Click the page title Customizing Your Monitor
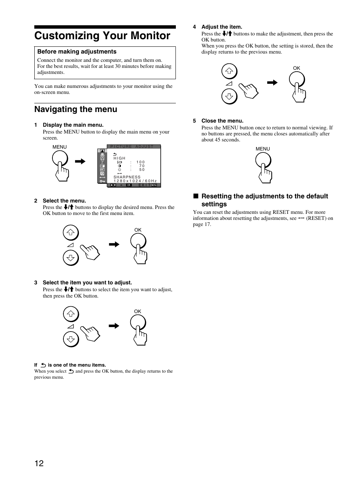[x=102, y=36]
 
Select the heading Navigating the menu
[x=75, y=109]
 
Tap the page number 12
[x=39, y=463]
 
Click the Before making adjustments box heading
[x=77, y=52]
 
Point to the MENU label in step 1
[x=59, y=147]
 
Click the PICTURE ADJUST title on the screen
[x=132, y=147]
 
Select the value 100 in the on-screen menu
[x=141, y=162]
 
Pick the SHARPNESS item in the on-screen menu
[x=127, y=177]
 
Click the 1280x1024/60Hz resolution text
[x=135, y=181]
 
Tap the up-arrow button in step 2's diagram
[x=71, y=232]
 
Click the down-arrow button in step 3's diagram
[x=71, y=340]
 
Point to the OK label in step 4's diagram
[x=296, y=68]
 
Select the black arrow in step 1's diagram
[x=80, y=161]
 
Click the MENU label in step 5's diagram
[x=263, y=149]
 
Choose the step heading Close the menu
[x=222, y=121]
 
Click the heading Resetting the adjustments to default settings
[x=265, y=200]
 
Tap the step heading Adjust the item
[x=222, y=27]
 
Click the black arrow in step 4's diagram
[x=272, y=83]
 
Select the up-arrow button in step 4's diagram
[x=229, y=71]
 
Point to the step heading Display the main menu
[x=73, y=125]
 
